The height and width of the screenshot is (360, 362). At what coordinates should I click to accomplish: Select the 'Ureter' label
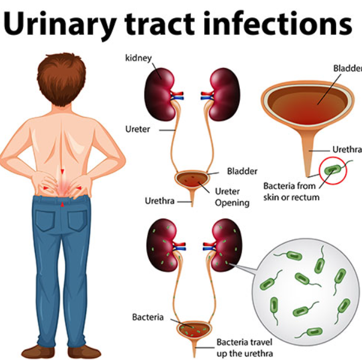pos(137,129)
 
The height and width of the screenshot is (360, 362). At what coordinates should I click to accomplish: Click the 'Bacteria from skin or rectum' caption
pos(291,191)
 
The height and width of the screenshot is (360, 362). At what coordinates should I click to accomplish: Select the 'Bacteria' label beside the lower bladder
pos(148,317)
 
